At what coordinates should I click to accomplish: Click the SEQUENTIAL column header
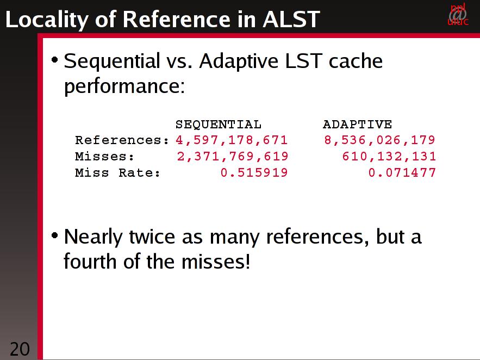219,125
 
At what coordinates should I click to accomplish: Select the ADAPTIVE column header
357,125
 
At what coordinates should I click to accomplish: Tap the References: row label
122,140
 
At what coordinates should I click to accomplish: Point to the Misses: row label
104,157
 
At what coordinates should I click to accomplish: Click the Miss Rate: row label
117,172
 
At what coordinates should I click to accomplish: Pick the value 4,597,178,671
232,140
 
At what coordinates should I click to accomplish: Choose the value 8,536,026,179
379,140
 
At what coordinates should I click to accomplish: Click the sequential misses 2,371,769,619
232,157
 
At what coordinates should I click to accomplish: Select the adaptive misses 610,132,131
389,157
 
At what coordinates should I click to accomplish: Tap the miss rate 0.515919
254,172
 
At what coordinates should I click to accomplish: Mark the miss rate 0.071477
402,172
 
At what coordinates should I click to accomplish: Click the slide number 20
20,349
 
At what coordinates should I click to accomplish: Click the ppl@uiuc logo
458,14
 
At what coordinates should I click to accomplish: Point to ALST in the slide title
291,19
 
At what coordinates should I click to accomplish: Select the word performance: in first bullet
124,86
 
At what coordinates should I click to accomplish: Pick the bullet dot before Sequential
54,60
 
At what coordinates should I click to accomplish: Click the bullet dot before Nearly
54,235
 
